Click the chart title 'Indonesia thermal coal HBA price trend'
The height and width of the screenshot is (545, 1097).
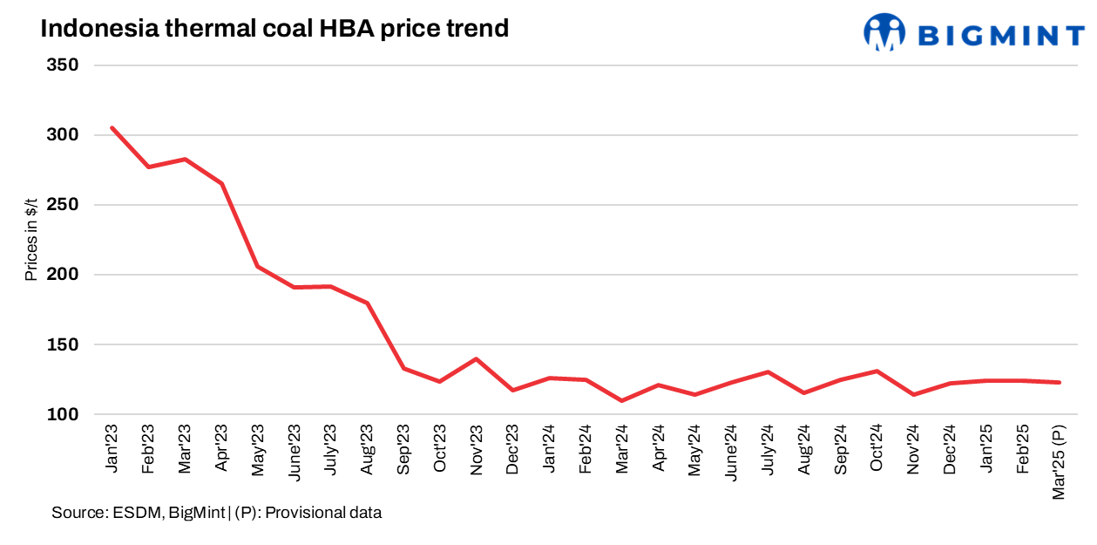[274, 28]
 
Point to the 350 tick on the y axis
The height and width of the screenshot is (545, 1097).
[63, 65]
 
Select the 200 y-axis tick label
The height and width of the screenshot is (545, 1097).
[63, 275]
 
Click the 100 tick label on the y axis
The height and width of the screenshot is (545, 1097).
[63, 414]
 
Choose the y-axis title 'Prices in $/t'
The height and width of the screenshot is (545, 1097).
[31, 239]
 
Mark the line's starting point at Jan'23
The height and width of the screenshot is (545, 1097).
[112, 128]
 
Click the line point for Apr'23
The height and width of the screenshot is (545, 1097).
[221, 183]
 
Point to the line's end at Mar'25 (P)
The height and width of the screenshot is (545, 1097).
[1060, 382]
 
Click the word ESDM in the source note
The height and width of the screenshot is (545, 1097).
[137, 513]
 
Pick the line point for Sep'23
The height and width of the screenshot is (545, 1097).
[403, 368]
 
